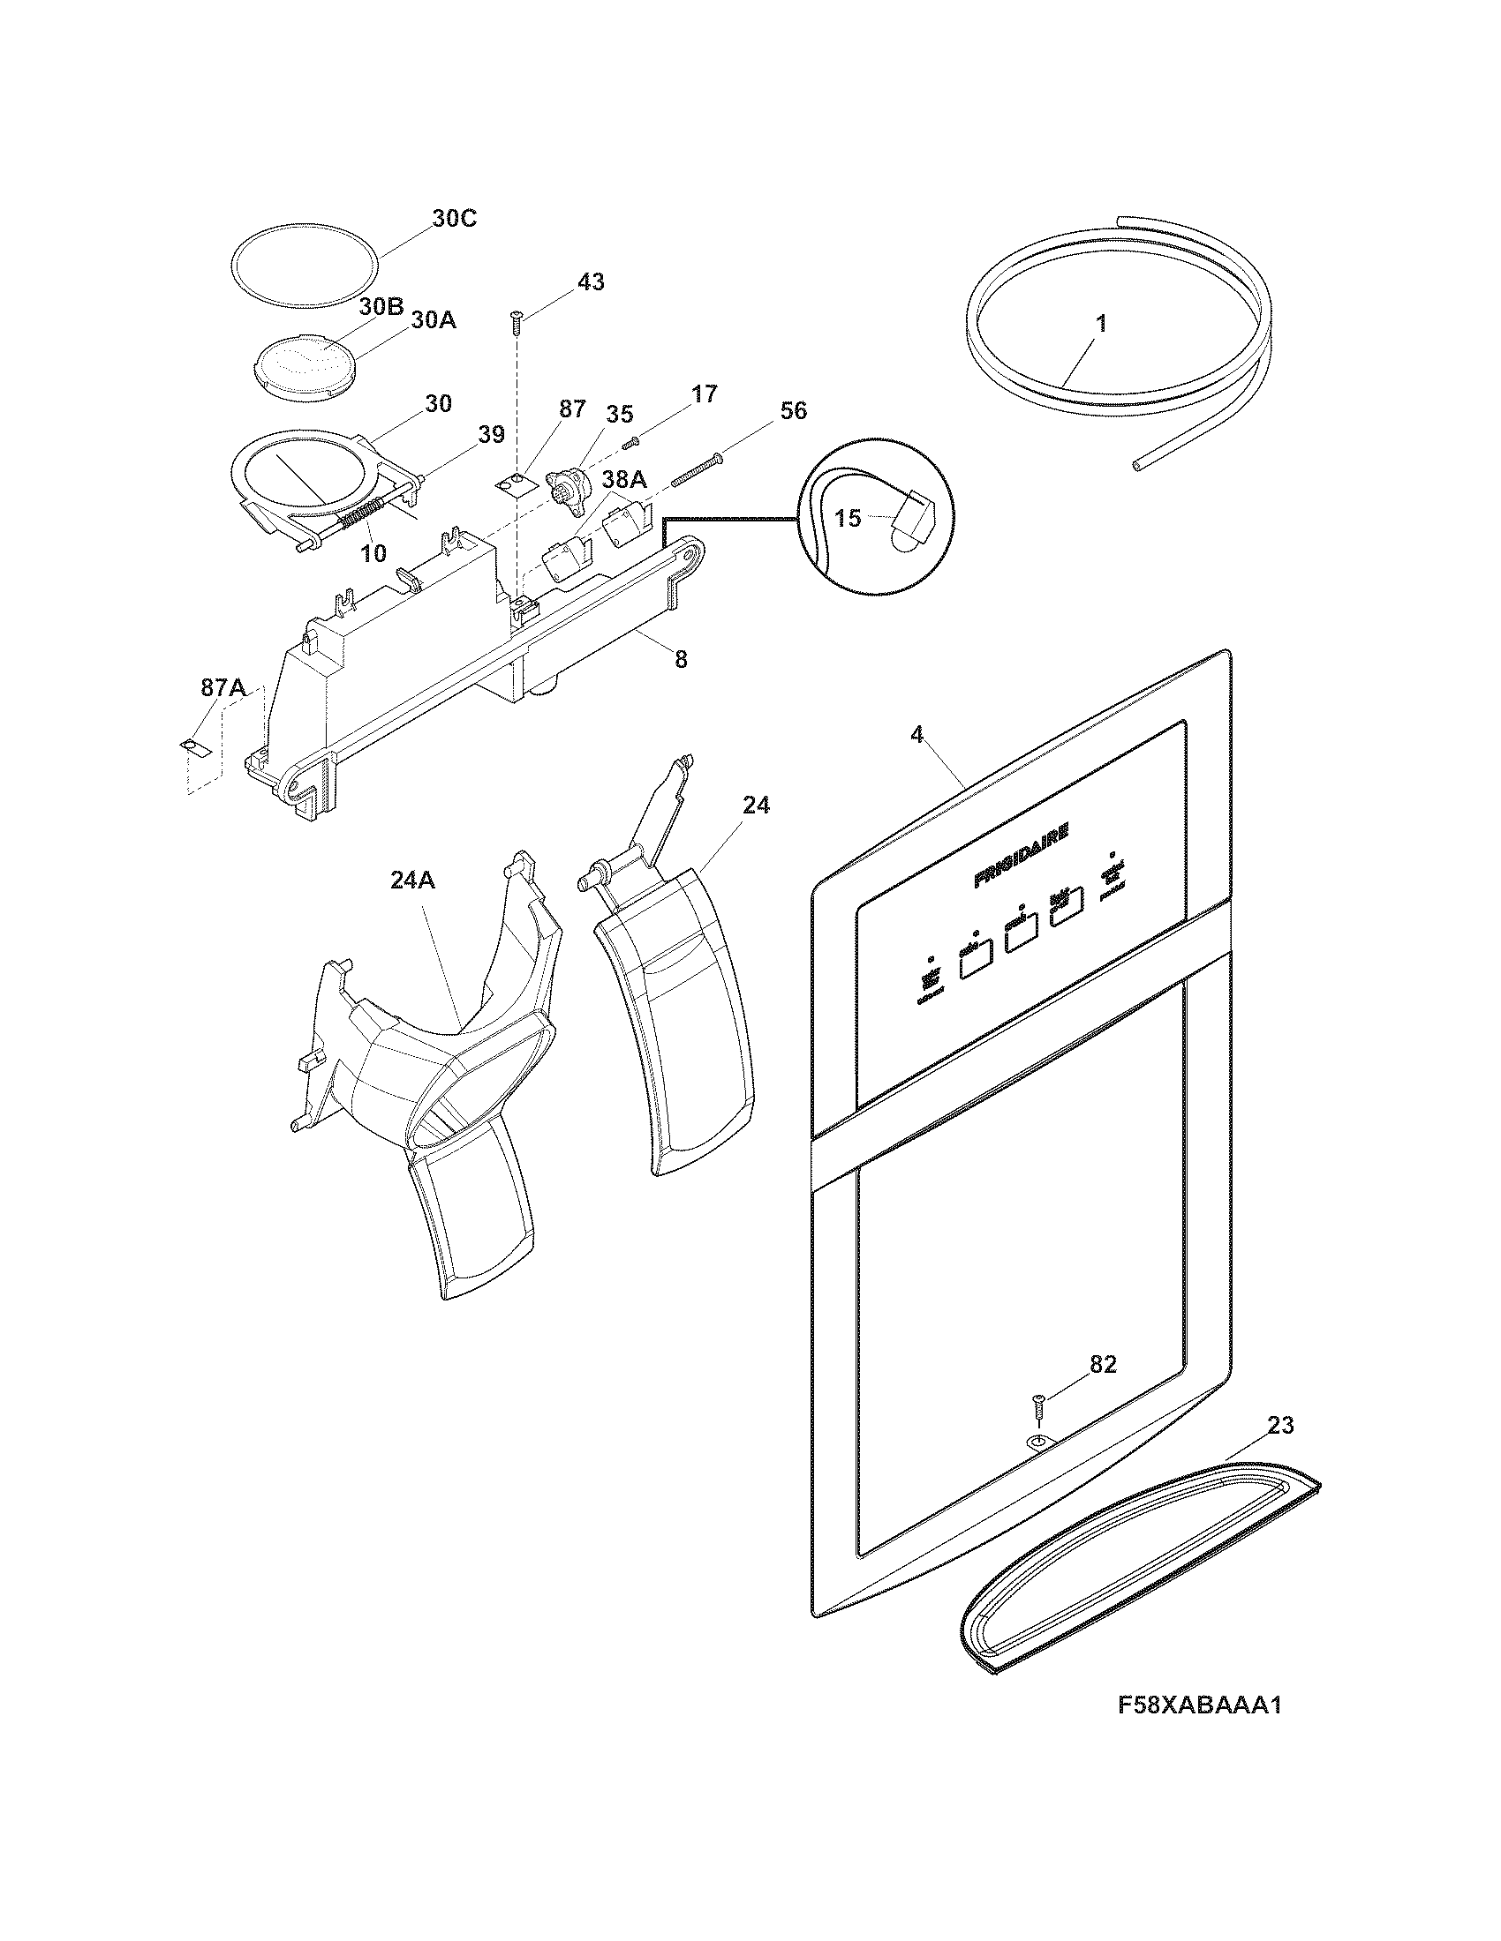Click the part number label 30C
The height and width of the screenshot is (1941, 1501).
pos(454,219)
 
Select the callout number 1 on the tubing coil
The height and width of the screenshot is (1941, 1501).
pos(1101,325)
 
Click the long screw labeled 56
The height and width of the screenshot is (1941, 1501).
pos(696,470)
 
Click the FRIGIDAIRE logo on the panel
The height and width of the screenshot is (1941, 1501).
pos(1022,855)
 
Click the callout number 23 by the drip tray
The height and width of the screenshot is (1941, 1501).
pos(1280,1425)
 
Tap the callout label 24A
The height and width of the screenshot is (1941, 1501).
pos(412,880)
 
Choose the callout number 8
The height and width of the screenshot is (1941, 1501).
pos(680,659)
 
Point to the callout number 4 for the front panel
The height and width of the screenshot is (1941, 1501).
pos(916,734)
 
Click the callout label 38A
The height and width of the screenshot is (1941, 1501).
pos(625,480)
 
